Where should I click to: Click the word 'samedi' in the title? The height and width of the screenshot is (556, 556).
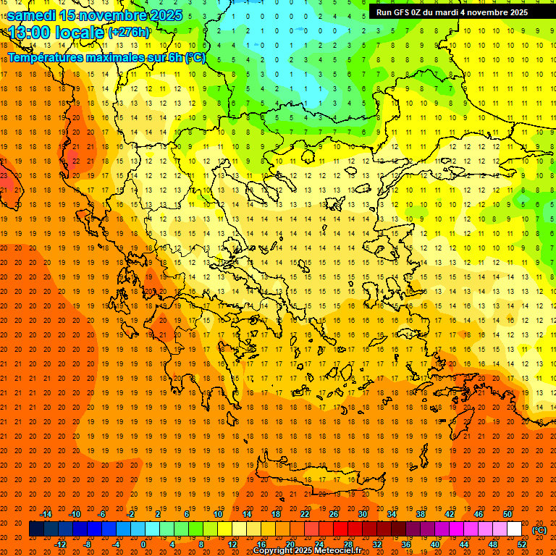point(32,15)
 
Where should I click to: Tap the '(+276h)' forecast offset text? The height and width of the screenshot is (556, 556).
point(129,33)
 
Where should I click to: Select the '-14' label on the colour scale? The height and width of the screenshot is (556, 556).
point(46,514)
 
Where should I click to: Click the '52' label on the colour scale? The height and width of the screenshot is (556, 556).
point(522,544)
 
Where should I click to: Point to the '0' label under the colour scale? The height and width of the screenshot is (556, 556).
point(143,544)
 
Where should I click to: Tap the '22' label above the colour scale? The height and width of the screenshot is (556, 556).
point(305,514)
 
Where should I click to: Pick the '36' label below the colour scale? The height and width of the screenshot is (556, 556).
point(406,544)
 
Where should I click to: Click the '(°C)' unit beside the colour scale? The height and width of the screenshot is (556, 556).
point(539,530)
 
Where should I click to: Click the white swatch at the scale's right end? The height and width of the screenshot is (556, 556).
point(514,529)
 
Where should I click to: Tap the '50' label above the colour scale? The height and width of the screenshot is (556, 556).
point(507,514)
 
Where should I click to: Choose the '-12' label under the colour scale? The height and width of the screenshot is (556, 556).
point(60,544)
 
